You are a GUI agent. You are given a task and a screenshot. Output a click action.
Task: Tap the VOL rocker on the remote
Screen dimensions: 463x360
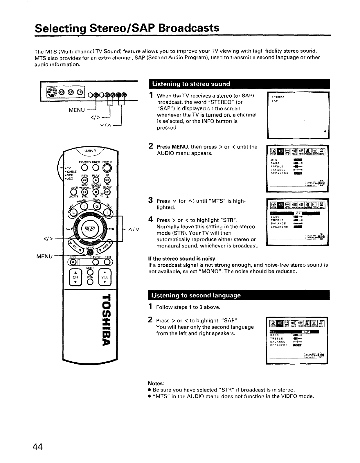click(105, 277)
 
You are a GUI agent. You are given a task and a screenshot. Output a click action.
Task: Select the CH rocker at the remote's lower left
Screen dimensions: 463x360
click(75, 277)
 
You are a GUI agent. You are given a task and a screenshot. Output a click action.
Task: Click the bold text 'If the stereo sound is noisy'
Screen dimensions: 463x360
click(181, 259)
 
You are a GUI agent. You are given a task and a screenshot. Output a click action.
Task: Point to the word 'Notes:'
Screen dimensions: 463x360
click(156, 383)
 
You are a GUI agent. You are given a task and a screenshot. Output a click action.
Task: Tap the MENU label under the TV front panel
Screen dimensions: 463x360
click(77, 110)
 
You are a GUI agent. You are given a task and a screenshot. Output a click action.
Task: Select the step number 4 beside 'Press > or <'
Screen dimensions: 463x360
click(151, 220)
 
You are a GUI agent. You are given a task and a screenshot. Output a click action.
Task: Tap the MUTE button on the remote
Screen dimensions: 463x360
click(90, 272)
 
